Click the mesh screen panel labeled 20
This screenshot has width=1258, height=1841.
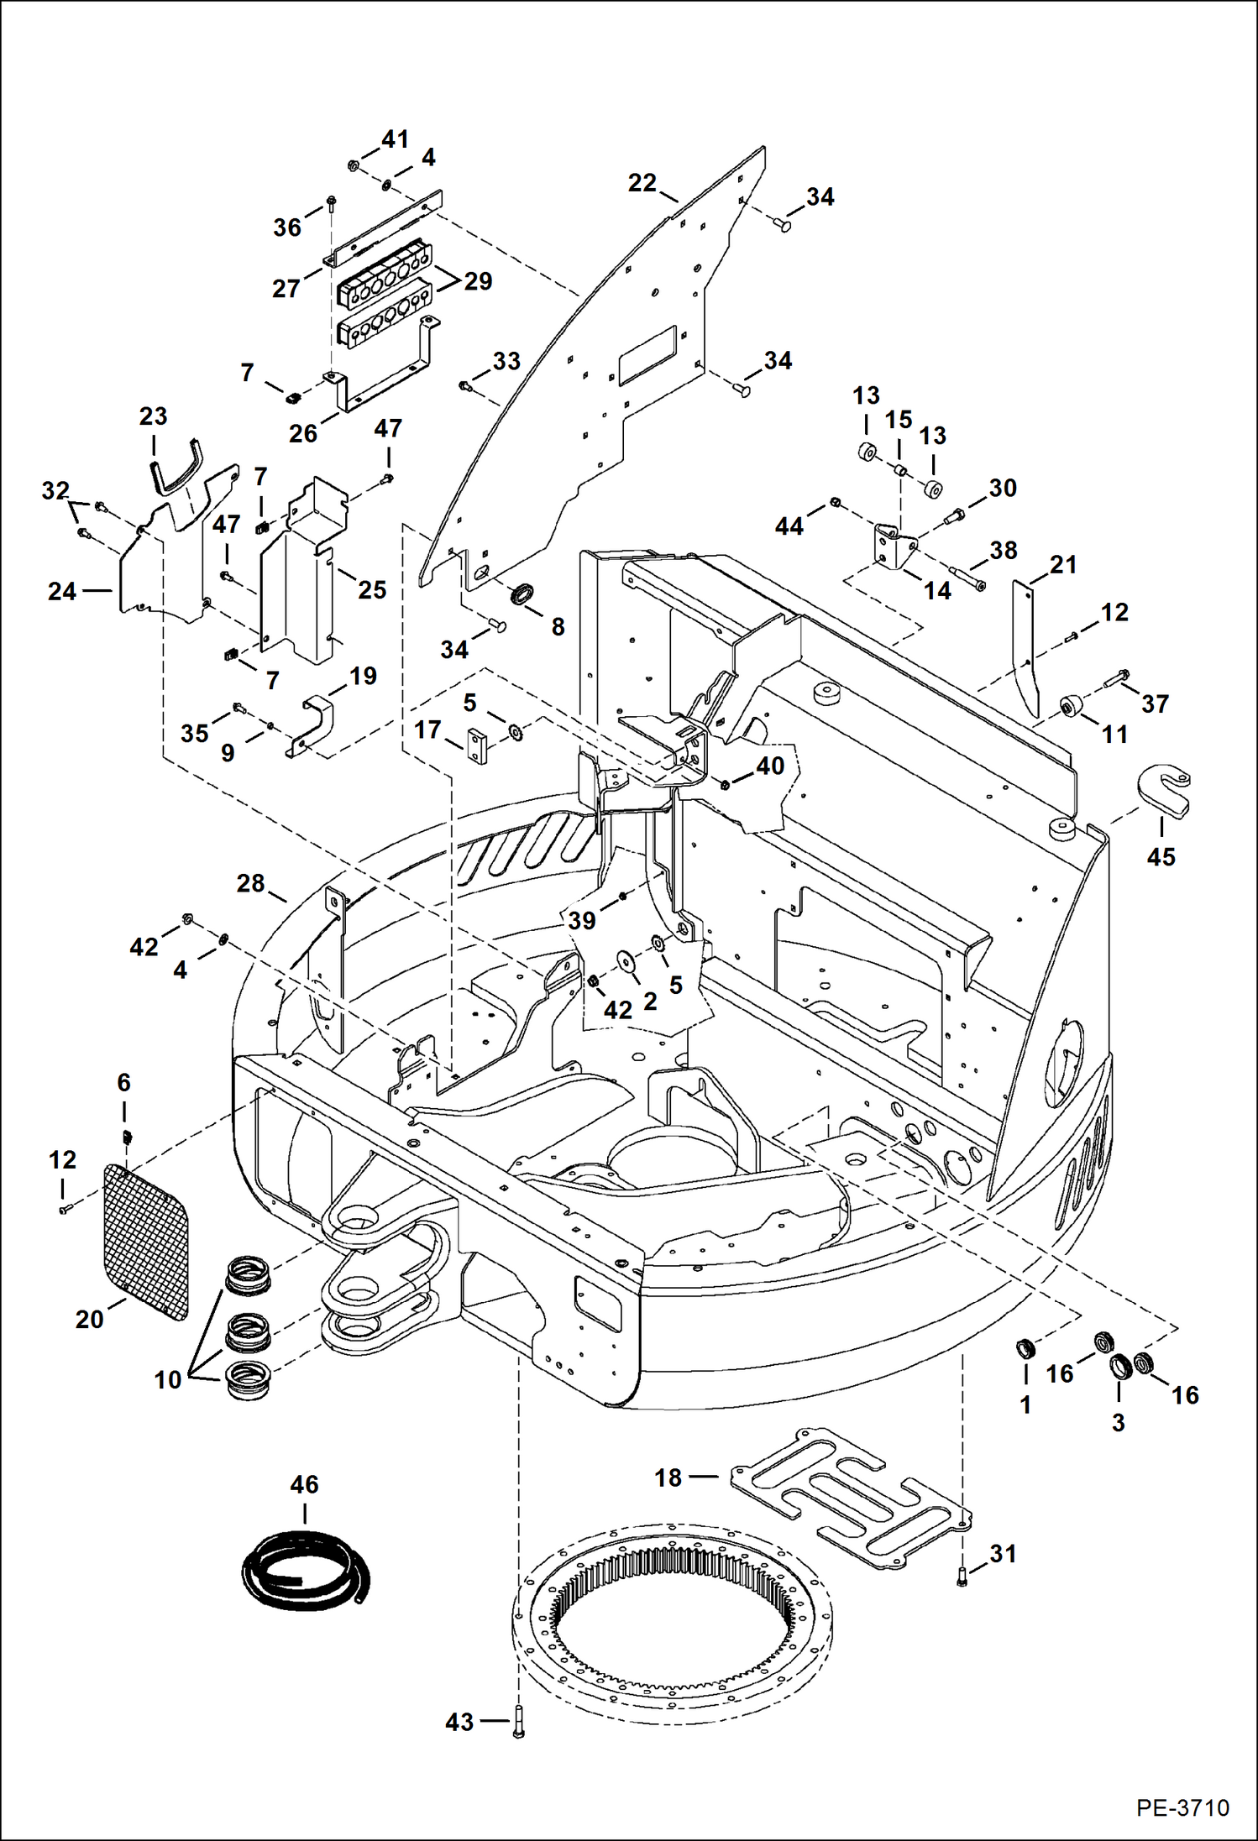pyautogui.click(x=145, y=1242)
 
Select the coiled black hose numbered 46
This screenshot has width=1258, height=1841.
pyautogui.click(x=304, y=1569)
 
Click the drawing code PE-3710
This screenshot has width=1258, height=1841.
pyautogui.click(x=1182, y=1808)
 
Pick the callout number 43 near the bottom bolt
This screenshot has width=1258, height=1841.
pyautogui.click(x=459, y=1722)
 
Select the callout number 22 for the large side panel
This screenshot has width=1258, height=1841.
pyautogui.click(x=642, y=182)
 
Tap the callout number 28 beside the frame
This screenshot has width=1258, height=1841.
pyautogui.click(x=250, y=883)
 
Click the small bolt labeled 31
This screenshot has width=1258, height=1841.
pyautogui.click(x=962, y=1579)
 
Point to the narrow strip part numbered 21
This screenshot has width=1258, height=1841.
pyautogui.click(x=1025, y=642)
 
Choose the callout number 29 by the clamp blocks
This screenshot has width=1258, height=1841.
pyautogui.click(x=478, y=281)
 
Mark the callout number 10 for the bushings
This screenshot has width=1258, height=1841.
pyautogui.click(x=167, y=1378)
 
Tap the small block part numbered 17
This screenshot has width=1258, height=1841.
pyautogui.click(x=477, y=745)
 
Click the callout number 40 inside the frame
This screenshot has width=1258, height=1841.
pyautogui.click(x=769, y=766)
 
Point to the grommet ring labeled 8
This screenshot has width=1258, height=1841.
pyautogui.click(x=523, y=594)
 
